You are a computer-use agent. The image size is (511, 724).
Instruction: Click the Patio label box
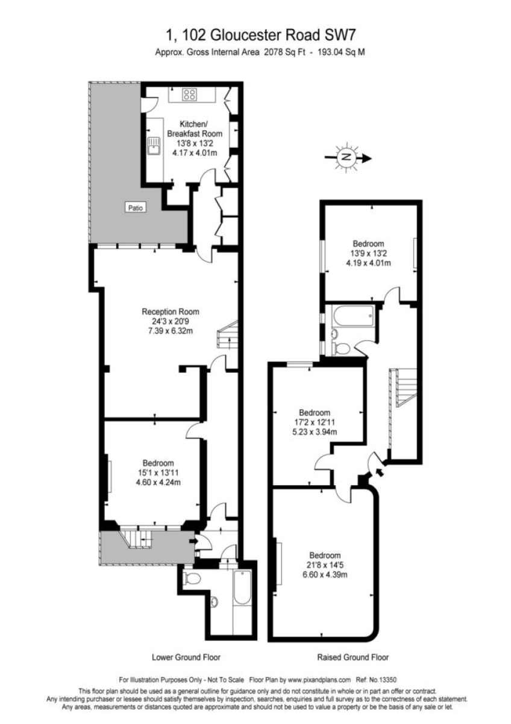point(136,208)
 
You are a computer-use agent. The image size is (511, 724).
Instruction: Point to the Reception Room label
point(171,312)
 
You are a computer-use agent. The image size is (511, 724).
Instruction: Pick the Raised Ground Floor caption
point(353,657)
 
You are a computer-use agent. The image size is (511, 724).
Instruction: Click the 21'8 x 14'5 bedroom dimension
point(325,565)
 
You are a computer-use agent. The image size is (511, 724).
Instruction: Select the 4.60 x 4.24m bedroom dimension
point(158,482)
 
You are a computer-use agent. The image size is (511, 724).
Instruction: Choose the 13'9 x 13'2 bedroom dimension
point(369,253)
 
